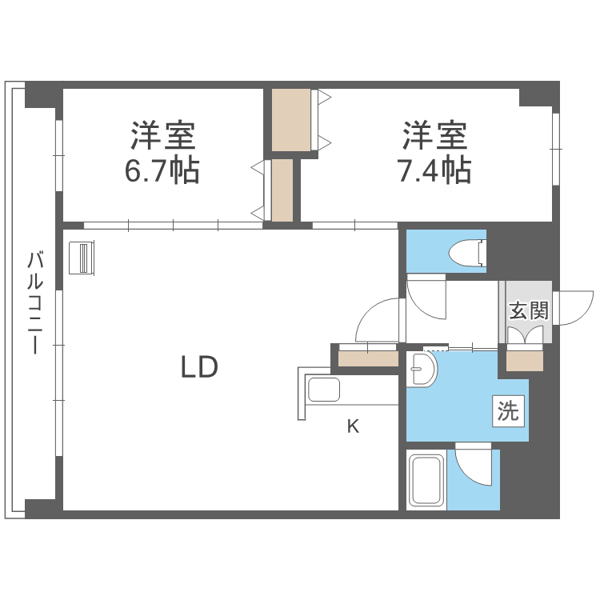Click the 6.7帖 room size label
click(162, 171)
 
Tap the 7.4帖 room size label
click(434, 171)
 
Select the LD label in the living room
click(198, 367)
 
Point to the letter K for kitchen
click(352, 426)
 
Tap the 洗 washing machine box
click(508, 411)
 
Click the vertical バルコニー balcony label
click(34, 303)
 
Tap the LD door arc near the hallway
click(378, 322)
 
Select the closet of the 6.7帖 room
click(282, 190)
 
